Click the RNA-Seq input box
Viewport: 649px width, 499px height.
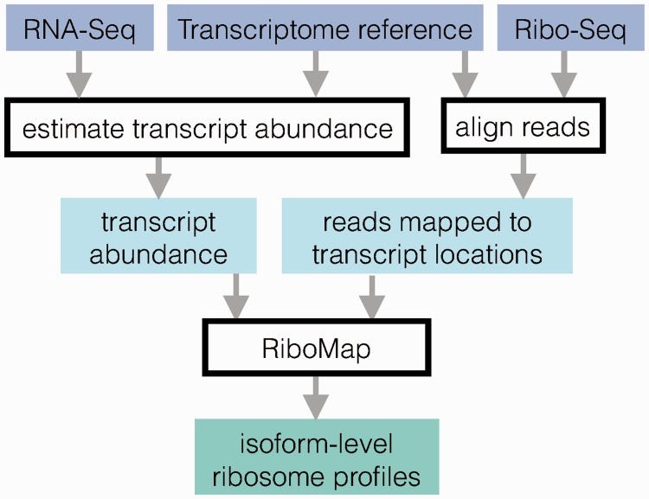point(80,29)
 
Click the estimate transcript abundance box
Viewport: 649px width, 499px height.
point(207,130)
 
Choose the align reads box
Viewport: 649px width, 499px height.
point(522,127)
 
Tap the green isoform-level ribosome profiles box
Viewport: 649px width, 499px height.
point(317,457)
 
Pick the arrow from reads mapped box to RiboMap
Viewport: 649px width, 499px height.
point(371,296)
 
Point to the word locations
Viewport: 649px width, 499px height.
point(488,255)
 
